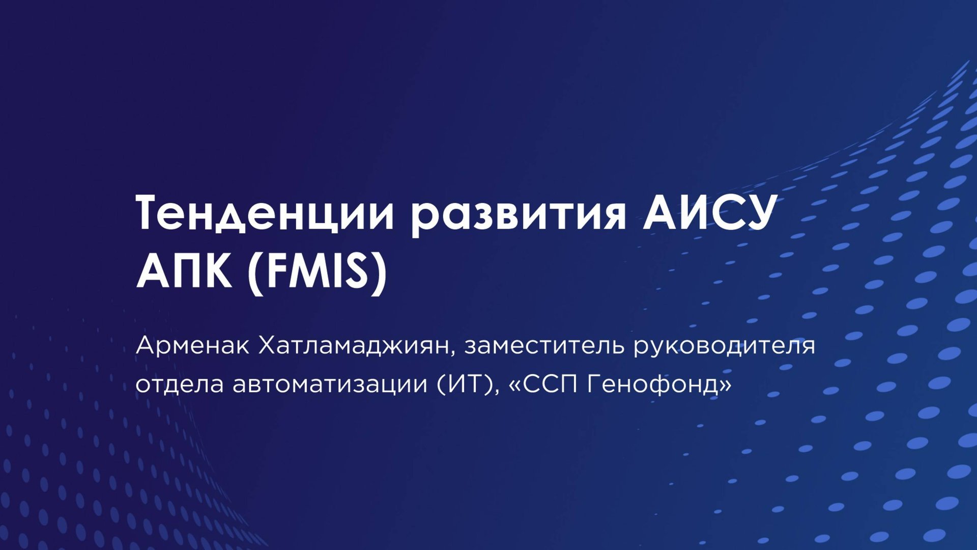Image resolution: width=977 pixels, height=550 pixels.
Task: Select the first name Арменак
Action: (x=192, y=346)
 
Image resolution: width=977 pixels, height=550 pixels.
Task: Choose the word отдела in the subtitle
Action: (x=180, y=384)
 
